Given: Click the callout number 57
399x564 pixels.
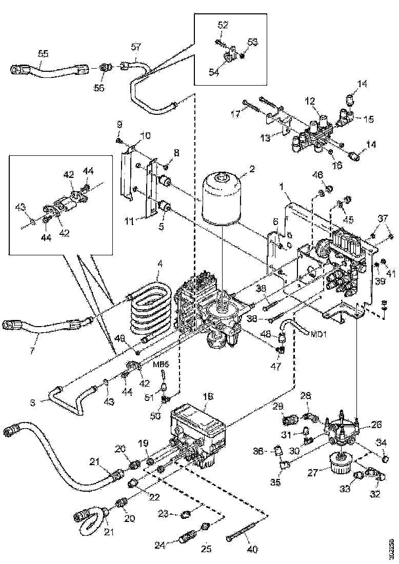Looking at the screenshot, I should pos(135,47).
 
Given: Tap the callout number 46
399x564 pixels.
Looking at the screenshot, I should pos(318,175).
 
